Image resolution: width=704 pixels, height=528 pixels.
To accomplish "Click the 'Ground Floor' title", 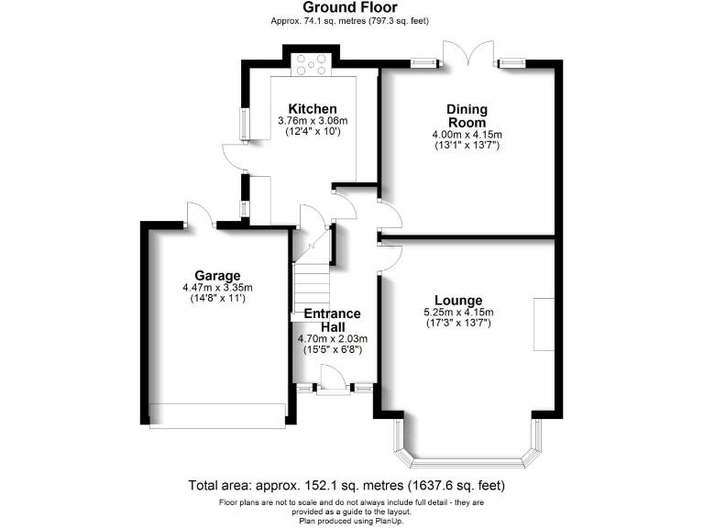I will click(351, 8).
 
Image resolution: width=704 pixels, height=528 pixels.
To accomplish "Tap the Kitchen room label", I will click(306, 109).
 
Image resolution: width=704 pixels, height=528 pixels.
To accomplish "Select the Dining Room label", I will click(467, 115).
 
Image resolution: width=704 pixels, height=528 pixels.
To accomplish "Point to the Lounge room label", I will click(458, 301).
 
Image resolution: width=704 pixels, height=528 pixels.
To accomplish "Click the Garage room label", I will click(216, 275).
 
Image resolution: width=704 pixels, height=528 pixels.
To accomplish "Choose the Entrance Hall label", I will click(332, 320).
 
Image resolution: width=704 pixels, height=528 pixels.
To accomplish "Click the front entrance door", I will click(331, 379).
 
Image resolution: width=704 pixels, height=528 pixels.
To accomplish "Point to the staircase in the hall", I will click(312, 284).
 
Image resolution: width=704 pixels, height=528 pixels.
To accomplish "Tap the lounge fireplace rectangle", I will click(544, 323).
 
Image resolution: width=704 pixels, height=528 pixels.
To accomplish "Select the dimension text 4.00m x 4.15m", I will click(467, 135).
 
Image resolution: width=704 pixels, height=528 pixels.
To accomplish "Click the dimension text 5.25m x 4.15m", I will click(458, 313).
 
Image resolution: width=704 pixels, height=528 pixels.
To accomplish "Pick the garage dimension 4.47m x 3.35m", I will click(216, 287).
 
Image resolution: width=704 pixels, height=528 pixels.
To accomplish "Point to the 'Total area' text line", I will click(346, 485).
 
